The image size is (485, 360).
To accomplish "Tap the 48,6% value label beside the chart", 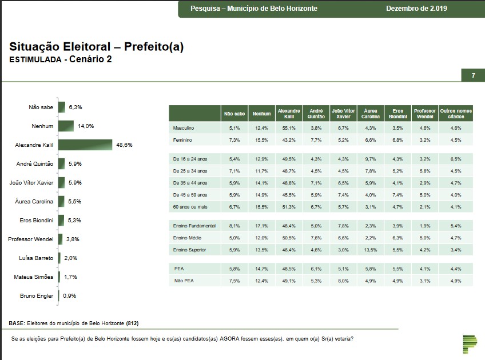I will pyautogui.click(x=124, y=145).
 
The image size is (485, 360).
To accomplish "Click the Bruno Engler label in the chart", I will pyautogui.click(x=36, y=296).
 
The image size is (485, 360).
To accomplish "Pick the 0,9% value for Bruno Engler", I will pyautogui.click(x=69, y=296).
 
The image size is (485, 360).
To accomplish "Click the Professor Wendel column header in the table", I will pyautogui.click(x=425, y=114).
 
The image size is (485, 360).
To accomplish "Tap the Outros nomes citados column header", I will pyautogui.click(x=456, y=114).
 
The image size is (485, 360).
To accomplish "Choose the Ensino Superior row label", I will pyautogui.click(x=189, y=250).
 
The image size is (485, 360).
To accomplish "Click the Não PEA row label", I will pyautogui.click(x=183, y=281).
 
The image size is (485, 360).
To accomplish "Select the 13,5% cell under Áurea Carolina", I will pyautogui.click(x=371, y=250).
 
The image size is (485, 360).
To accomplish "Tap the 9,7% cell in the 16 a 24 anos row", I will pyautogui.click(x=371, y=158).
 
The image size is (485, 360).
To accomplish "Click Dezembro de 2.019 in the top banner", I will pyautogui.click(x=416, y=9).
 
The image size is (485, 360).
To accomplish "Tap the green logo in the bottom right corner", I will pyautogui.click(x=469, y=342).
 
